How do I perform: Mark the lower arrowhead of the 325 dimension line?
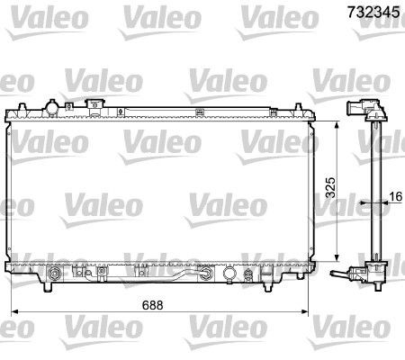337,255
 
